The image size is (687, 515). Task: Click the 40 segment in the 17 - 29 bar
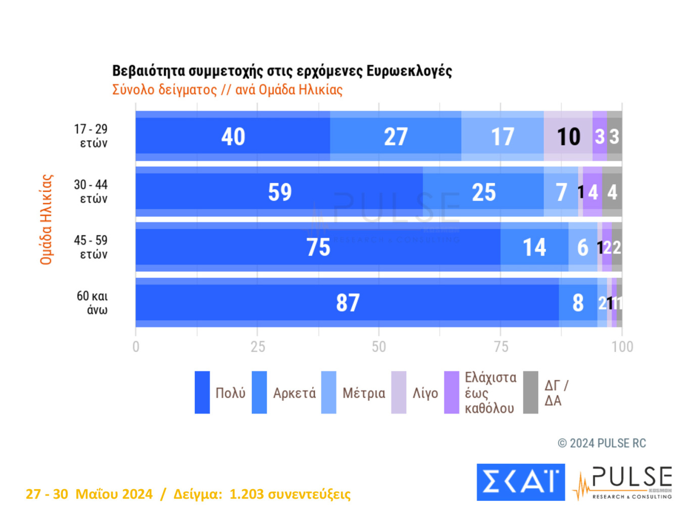233,136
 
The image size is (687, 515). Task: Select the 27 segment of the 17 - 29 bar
396,136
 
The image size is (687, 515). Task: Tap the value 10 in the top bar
568,136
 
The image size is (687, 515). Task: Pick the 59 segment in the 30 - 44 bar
279,192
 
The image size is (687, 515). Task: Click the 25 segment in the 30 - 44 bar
483,192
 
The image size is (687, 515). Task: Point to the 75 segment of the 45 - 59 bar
318,247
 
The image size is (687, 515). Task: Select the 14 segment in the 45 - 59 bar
534,247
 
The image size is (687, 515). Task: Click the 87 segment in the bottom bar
348,303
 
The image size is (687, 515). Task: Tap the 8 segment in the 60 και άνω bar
578,303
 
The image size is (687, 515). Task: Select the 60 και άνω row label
92,302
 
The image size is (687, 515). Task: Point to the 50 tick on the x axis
379,347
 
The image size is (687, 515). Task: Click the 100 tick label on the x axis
622,347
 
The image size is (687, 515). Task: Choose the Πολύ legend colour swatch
202,392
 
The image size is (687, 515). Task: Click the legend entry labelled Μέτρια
363,393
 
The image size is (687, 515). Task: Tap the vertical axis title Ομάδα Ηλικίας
46,220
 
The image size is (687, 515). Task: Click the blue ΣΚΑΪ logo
520,482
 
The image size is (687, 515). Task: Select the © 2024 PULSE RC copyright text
602,443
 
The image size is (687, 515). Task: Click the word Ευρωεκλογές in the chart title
409,71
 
